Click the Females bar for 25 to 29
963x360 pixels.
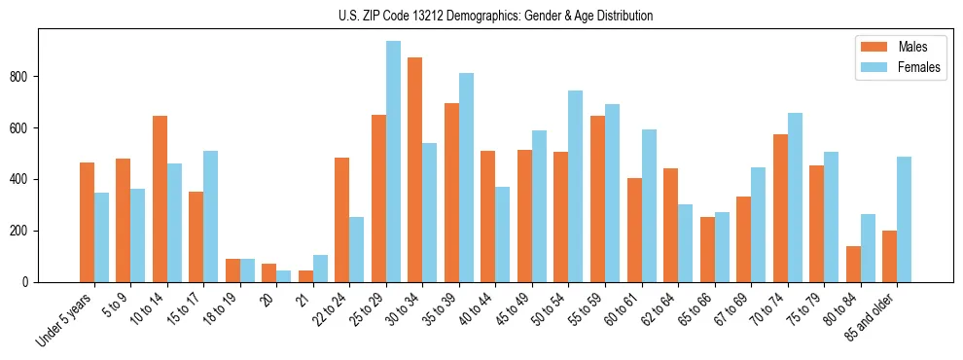393,162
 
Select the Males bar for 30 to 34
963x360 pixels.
415,169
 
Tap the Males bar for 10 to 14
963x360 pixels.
160,198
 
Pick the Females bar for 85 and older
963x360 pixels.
904,219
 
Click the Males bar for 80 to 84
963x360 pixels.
853,264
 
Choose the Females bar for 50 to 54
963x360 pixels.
576,186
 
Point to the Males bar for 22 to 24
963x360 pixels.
342,220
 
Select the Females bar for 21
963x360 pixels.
320,269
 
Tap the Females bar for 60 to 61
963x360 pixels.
649,205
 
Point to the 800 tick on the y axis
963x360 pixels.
38,77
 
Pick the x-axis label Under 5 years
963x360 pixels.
65,322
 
